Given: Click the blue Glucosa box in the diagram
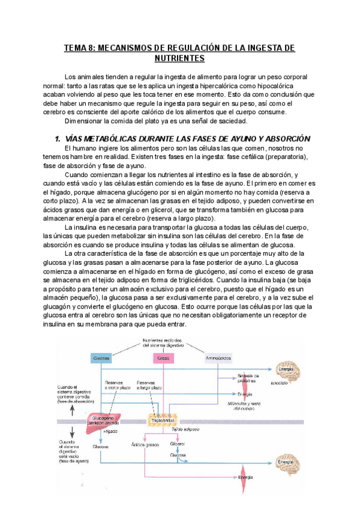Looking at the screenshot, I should click(x=100, y=358).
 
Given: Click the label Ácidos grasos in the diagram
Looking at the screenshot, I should click(x=145, y=445).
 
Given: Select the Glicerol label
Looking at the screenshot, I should click(x=177, y=444).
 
